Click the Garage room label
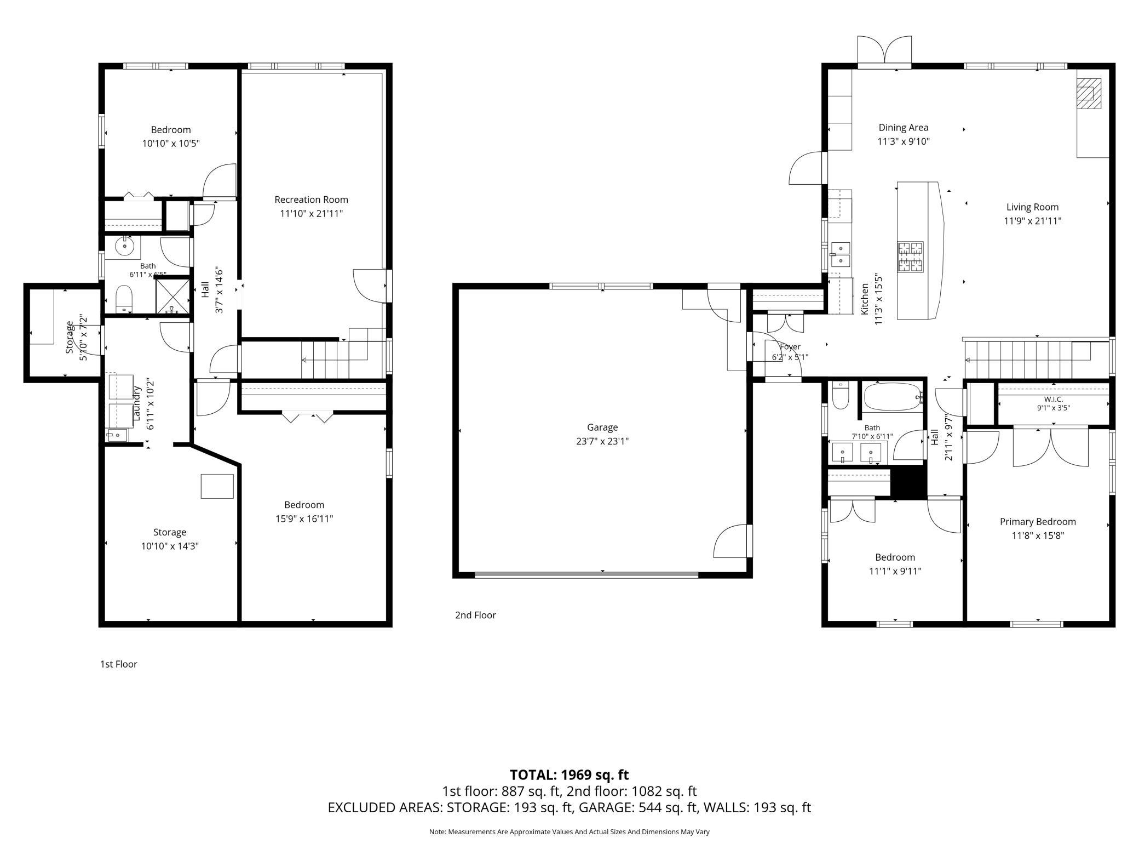602,427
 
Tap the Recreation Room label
311,200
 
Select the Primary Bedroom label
1038,522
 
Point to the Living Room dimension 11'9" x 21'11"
1032,221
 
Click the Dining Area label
904,128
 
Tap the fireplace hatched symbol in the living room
1089,94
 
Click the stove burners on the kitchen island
910,257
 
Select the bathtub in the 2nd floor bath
893,396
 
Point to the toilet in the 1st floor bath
125,299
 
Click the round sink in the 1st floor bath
125,247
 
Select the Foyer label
790,347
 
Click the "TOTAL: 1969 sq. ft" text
569,775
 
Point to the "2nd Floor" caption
475,615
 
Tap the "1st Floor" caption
118,664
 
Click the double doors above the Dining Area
884,52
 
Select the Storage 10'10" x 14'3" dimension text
170,546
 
